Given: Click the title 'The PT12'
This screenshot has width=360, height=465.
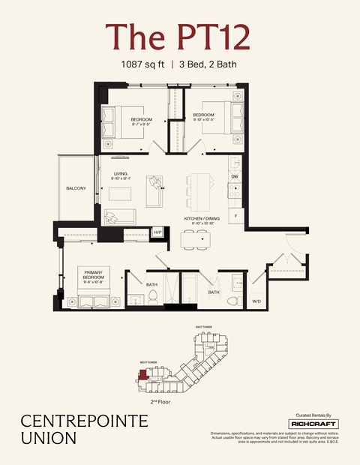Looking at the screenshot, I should tap(177, 36).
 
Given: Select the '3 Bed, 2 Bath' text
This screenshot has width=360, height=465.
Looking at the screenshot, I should tap(208, 64).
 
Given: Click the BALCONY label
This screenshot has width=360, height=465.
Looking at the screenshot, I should tap(76, 188).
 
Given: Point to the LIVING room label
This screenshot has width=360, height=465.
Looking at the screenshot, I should tap(120, 175).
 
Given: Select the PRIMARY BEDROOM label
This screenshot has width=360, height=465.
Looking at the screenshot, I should tap(92, 274).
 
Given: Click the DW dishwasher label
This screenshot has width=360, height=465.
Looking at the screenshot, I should tap(235, 177).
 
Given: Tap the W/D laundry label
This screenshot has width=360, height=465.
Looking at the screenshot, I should tap(256, 301).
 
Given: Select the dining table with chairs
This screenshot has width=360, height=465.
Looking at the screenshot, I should tap(196, 238).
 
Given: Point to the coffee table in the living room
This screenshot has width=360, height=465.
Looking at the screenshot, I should tap(120, 194).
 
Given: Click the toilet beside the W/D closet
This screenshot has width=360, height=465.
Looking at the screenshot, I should tap(232, 301).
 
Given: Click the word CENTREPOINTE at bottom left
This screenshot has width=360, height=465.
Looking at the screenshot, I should tap(73, 421).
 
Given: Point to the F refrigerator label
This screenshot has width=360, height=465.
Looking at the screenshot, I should tap(235, 215).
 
